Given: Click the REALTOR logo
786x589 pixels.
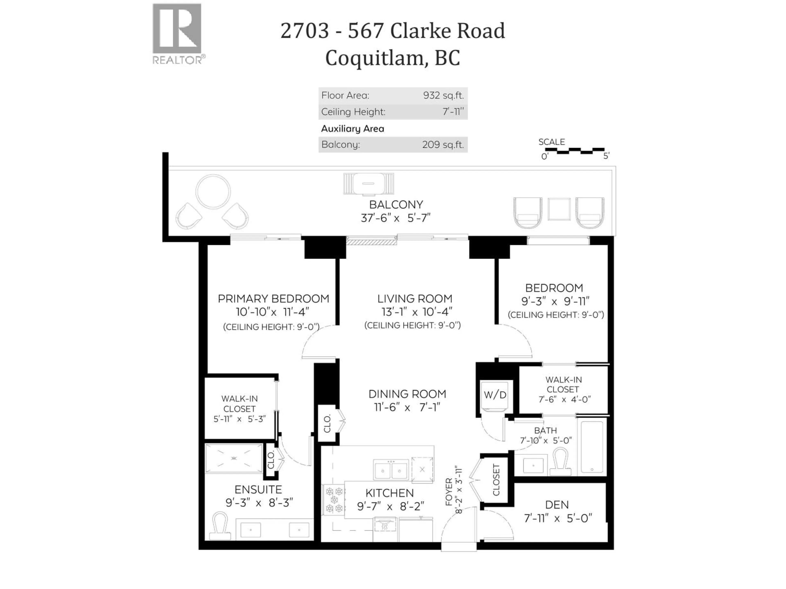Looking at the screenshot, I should (x=177, y=34).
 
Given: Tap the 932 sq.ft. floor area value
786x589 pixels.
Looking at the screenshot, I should (x=443, y=95).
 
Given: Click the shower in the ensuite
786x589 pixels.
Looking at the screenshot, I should (x=234, y=458).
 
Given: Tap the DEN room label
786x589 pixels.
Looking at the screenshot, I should (x=557, y=505).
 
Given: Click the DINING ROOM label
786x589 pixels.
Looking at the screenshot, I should (x=407, y=394).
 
